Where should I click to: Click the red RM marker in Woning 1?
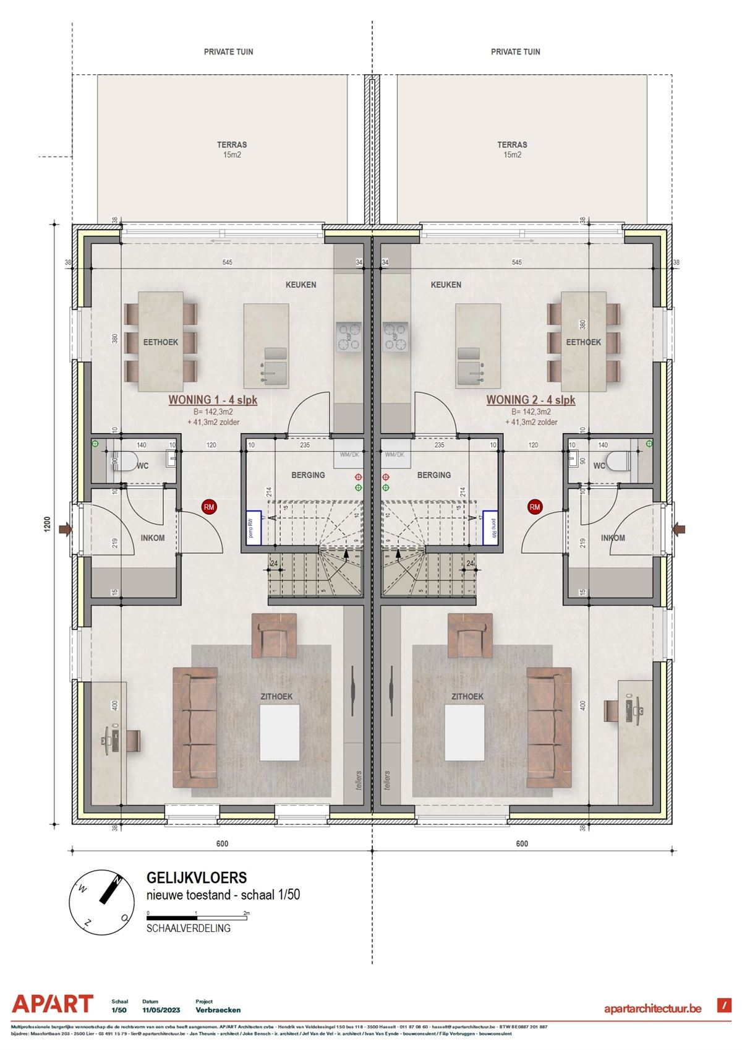[210, 507]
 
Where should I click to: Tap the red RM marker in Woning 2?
[534, 507]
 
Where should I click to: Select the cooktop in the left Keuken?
[349, 337]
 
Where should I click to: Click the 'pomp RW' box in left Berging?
[252, 528]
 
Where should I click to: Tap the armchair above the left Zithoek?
[274, 635]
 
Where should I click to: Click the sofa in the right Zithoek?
[549, 728]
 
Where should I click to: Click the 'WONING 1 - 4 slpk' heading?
[213, 400]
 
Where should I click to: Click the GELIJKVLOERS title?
[196, 877]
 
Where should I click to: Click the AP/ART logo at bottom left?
[53, 1004]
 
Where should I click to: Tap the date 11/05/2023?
[161, 1010]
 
